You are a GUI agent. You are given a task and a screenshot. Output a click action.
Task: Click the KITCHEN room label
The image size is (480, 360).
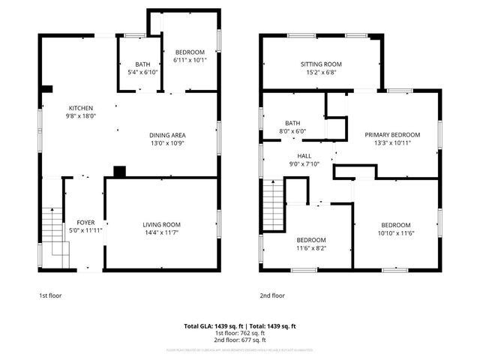point(82,107)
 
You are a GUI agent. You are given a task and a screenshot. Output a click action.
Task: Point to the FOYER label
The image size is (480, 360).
point(86,222)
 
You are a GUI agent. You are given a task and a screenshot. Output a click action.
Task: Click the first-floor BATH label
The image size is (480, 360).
point(142,64)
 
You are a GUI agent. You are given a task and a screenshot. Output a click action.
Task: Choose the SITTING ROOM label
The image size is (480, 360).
point(321,64)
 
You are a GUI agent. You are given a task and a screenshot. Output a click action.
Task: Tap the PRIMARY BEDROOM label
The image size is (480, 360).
point(392,134)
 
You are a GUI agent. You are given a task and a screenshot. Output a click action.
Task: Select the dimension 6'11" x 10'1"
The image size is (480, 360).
point(188,59)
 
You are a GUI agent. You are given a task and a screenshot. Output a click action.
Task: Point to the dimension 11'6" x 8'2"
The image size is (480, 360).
point(310,248)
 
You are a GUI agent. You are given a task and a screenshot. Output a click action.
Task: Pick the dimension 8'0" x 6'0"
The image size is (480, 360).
point(292,130)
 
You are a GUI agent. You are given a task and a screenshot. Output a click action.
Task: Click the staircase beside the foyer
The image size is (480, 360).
point(52,236)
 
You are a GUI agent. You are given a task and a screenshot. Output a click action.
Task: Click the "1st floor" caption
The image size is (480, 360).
point(50,295)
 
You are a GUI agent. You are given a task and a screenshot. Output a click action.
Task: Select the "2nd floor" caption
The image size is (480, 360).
point(272,295)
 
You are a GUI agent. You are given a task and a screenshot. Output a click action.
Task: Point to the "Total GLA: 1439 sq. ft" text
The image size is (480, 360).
point(211,326)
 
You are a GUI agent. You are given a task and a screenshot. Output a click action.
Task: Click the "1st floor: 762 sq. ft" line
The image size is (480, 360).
point(240,333)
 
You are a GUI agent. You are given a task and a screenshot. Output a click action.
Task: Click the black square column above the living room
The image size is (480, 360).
point(118,172)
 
